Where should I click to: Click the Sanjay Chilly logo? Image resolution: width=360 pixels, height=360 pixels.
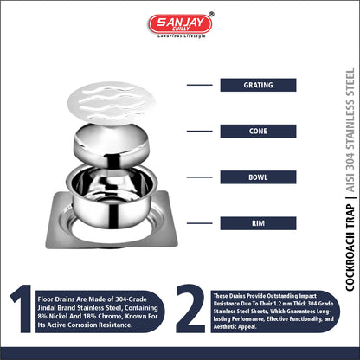(181, 25)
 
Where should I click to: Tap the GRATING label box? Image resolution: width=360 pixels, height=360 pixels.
(258, 85)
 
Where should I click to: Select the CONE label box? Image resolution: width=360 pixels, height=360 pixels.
(258, 132)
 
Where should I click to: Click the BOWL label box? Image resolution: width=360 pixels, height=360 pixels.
(258, 177)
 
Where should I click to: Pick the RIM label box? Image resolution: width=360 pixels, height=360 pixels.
(258, 223)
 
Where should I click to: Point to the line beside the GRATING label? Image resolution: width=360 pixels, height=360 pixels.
(200, 85)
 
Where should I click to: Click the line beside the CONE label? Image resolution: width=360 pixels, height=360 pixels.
(200, 132)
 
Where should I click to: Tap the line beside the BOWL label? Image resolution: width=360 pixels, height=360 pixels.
(200, 177)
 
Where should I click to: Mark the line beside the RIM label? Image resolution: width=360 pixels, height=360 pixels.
(200, 223)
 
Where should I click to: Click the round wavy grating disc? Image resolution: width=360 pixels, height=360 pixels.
(112, 103)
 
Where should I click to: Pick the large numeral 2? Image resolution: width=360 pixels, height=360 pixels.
(190, 309)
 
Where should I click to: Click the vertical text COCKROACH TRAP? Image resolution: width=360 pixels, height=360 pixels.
(350, 247)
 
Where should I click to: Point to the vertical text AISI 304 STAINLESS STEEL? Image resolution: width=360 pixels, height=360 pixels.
(350, 131)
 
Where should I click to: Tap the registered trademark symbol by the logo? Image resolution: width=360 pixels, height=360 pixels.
(211, 14)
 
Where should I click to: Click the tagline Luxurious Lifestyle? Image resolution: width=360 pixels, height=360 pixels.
(182, 36)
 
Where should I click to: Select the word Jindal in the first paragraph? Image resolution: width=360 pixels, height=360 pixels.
(47, 308)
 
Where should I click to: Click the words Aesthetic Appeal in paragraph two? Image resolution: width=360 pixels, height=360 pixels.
(235, 327)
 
